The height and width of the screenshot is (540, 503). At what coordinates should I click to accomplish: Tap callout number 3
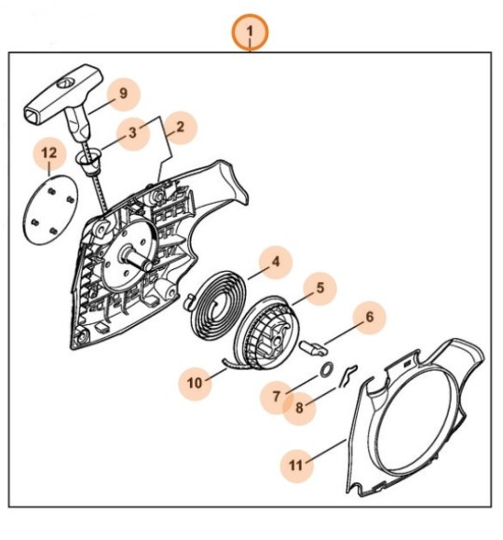click(133, 133)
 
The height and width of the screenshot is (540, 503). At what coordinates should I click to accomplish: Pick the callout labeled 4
click(276, 263)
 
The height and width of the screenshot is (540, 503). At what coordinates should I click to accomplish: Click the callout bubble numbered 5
click(320, 290)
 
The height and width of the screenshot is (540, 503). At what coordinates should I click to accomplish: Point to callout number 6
click(369, 317)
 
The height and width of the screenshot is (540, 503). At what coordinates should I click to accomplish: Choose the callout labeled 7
click(277, 397)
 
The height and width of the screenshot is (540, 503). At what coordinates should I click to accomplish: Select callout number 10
click(196, 382)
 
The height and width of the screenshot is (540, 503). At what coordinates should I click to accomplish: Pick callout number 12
click(49, 153)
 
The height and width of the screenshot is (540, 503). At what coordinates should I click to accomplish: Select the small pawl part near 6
click(317, 344)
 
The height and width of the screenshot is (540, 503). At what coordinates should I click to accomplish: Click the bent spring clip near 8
click(347, 374)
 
